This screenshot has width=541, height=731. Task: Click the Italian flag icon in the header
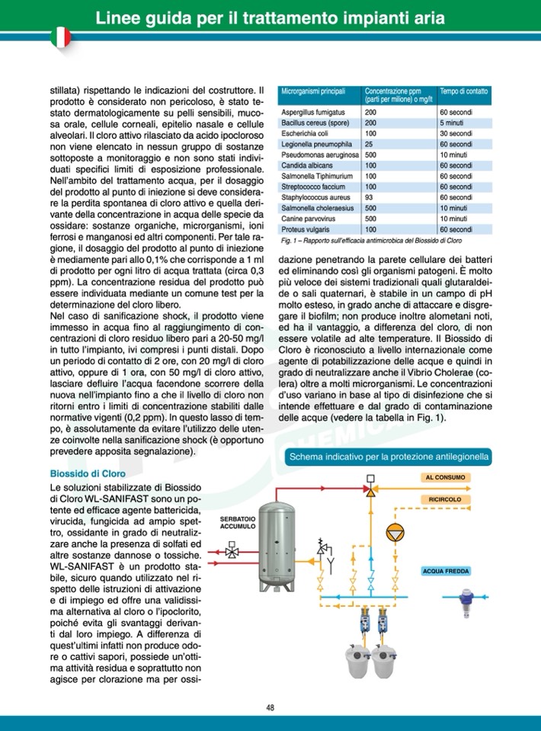pos(59,36)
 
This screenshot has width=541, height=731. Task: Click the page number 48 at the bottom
pos(270,707)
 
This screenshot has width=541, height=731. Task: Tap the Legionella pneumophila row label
pos(310,144)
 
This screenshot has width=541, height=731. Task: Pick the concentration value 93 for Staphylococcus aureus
pos(370,197)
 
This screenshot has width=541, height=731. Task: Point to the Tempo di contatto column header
pos(463,91)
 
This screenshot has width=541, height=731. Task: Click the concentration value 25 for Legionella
pos(370,144)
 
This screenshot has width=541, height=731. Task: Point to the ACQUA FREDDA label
pos(447,570)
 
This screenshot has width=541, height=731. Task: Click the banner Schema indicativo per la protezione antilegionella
pos(388,457)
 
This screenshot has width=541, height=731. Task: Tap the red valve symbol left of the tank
pos(231,549)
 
